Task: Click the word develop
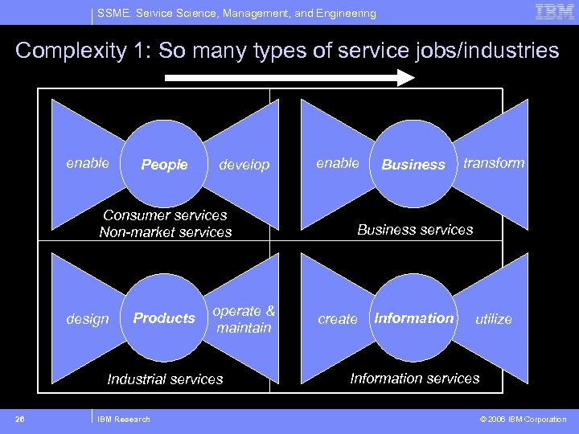pos(244,165)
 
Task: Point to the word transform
pos(494,163)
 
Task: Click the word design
pos(87,319)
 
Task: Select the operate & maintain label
pos(244,319)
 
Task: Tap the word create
pos(338,319)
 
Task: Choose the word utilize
pos(494,319)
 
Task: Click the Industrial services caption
pos(165,379)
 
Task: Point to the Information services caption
pos(415,378)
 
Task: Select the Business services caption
pos(415,230)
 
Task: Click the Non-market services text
pos(165,232)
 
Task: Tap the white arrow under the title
pos(289,78)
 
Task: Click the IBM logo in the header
pos(554,12)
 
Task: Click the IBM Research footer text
pos(123,419)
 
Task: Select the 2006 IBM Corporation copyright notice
pos(524,419)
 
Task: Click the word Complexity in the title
pos(70,51)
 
